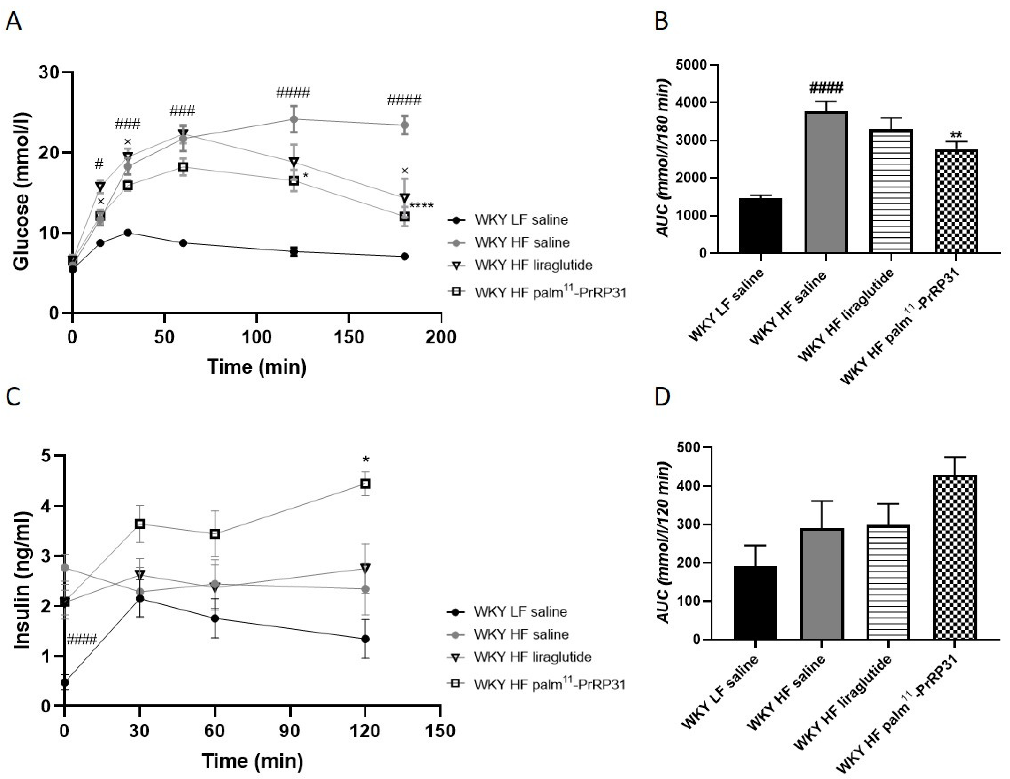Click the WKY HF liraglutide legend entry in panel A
click(533, 265)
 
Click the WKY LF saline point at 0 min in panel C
click(65, 682)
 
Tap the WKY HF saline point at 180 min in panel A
click(404, 125)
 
